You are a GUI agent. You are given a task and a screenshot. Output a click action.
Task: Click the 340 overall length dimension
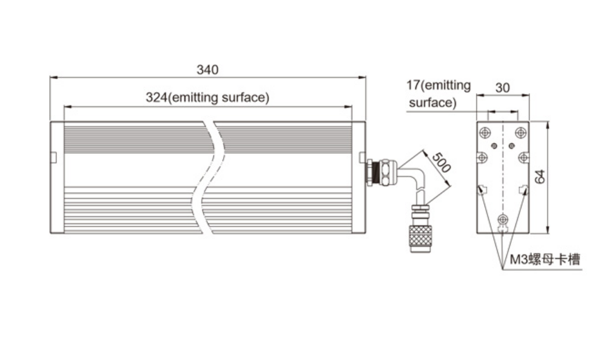(207, 70)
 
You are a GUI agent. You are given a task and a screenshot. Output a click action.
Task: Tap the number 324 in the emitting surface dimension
(156, 97)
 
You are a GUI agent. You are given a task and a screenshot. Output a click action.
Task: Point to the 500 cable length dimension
(441, 162)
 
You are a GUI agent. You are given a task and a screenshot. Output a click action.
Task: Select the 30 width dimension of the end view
(502, 88)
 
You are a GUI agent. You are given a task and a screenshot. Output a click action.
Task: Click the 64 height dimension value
(540, 176)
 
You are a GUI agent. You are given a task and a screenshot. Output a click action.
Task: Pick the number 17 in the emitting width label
(413, 85)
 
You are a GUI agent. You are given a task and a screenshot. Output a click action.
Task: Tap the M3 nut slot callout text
(545, 259)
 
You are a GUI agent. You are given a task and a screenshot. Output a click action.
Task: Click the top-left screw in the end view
(485, 133)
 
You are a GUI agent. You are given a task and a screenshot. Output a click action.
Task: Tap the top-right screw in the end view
(520, 133)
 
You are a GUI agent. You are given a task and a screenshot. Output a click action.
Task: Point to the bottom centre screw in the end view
(502, 219)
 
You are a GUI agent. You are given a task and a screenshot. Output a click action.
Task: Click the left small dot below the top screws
(494, 145)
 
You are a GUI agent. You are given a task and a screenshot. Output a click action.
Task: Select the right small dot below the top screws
(511, 145)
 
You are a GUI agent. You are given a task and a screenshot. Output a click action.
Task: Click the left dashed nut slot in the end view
(482, 190)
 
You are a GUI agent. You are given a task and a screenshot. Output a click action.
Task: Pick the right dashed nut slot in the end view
(523, 190)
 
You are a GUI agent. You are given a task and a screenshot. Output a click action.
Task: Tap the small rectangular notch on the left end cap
(54, 157)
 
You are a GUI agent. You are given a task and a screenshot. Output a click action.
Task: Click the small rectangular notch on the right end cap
(363, 157)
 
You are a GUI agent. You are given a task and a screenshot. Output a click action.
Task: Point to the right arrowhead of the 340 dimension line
(362, 78)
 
